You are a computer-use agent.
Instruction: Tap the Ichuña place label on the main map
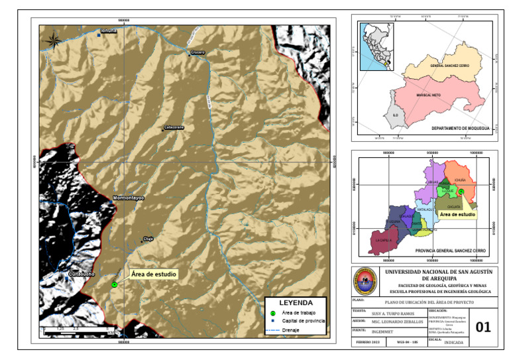108,30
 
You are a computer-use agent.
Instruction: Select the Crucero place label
198,52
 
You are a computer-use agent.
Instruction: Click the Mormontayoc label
128,198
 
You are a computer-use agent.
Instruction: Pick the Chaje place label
148,239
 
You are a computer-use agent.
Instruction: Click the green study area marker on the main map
115,284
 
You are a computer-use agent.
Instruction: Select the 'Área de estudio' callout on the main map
154,273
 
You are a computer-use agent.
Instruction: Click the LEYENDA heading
295,302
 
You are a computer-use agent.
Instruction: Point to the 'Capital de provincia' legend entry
303,320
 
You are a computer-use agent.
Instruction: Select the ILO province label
394,115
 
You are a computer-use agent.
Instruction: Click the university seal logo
365,282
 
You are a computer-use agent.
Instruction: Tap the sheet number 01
484,326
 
